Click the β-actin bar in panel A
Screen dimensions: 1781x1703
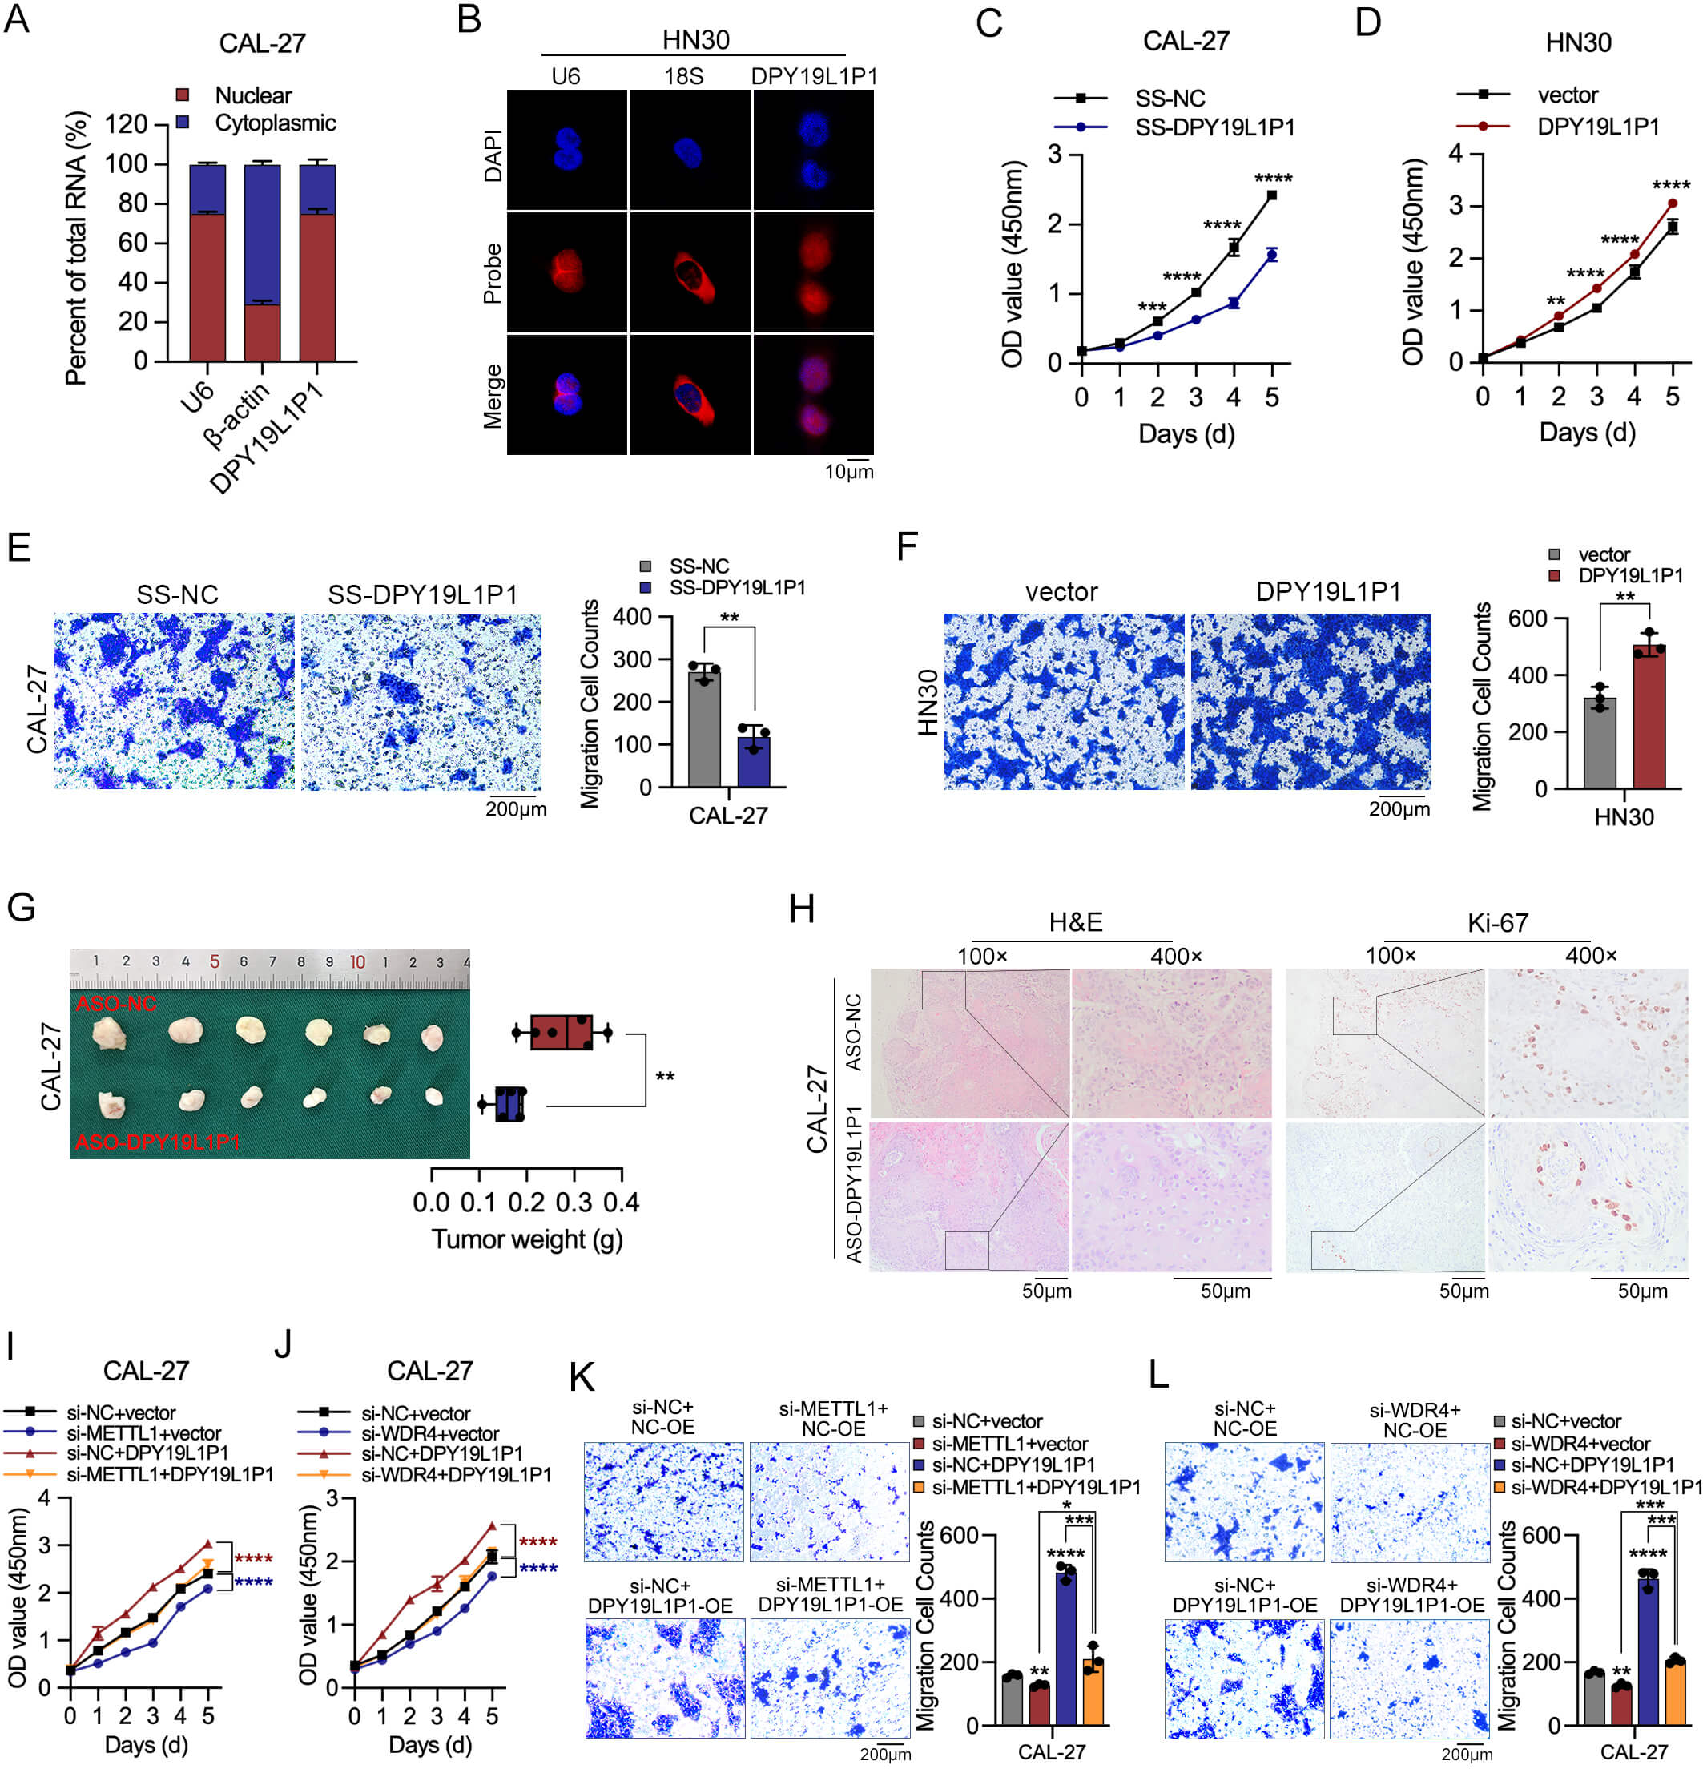(x=263, y=264)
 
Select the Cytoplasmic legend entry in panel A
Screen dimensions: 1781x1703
(x=274, y=123)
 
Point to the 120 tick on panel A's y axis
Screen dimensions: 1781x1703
(x=127, y=123)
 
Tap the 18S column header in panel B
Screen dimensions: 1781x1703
(x=682, y=76)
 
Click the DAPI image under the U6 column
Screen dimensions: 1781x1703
(x=566, y=150)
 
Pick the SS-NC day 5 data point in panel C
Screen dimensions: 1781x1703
(x=1272, y=195)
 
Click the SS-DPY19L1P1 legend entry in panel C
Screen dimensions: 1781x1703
(x=1214, y=128)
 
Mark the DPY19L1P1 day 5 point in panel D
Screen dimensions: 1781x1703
(x=1672, y=203)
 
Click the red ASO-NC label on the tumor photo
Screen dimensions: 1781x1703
(x=116, y=1004)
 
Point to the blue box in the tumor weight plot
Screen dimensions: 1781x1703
(x=510, y=1104)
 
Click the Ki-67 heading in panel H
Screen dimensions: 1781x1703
(x=1497, y=923)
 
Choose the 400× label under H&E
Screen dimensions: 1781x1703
(x=1176, y=956)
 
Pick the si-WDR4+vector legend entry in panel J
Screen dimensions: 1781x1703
(x=429, y=1433)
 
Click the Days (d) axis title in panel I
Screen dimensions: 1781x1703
(x=146, y=1744)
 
